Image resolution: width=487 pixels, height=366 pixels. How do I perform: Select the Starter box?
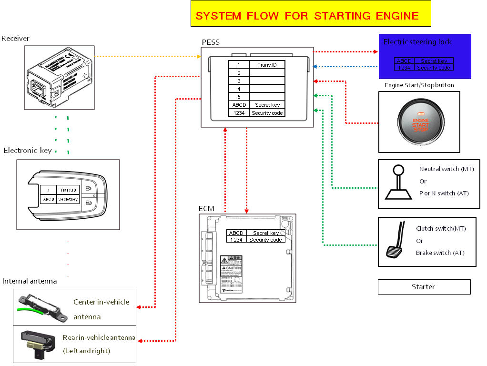(x=424, y=287)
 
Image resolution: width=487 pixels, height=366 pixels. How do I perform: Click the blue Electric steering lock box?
(x=425, y=56)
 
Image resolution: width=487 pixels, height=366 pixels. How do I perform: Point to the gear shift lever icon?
(x=398, y=183)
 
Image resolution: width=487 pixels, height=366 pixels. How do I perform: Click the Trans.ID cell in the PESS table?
(x=267, y=64)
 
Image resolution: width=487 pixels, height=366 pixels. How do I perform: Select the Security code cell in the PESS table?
(x=267, y=113)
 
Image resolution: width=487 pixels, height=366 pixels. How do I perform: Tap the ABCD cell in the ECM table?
(x=236, y=233)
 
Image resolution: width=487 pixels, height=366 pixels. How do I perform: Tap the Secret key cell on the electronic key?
(x=68, y=200)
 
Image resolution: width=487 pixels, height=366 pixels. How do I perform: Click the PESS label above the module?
(x=211, y=42)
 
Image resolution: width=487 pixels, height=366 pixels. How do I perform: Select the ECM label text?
(x=206, y=209)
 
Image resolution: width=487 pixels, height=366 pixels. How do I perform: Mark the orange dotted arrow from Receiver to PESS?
(x=148, y=57)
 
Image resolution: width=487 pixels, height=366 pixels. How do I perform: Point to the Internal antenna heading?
(x=30, y=281)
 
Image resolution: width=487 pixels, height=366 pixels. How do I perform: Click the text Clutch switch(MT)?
(x=441, y=229)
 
